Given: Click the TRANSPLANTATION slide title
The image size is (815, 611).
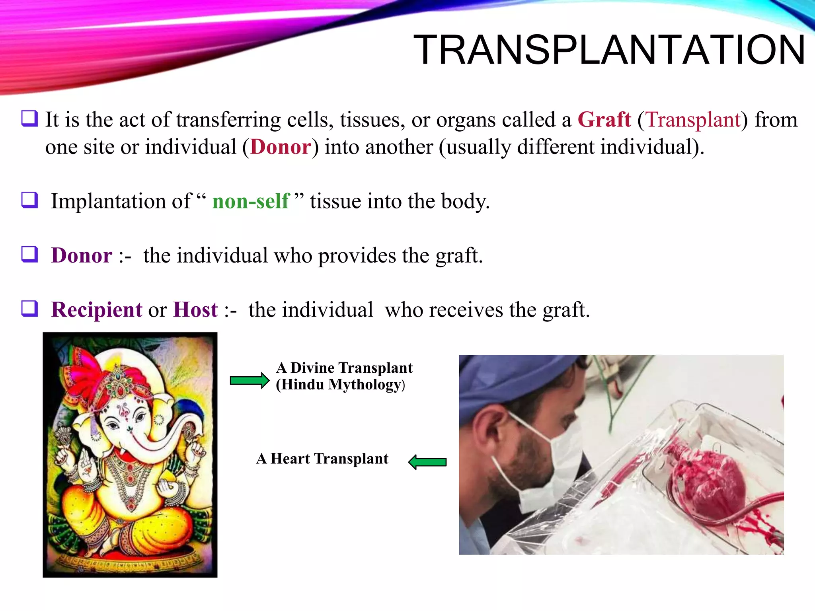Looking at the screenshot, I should point(609,50).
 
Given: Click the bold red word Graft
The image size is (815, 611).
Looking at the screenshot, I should point(604,119).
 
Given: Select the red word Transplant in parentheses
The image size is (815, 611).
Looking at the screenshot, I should point(693,119).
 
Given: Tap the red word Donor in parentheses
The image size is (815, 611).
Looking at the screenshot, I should point(281,147).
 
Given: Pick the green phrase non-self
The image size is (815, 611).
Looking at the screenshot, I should point(251,201).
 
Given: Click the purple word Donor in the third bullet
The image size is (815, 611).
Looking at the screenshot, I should point(82,255).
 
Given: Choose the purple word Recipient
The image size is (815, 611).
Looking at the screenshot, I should point(97,309).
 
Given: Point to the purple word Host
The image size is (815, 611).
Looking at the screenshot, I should point(195,309).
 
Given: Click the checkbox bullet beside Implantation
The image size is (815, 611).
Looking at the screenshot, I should point(30,200).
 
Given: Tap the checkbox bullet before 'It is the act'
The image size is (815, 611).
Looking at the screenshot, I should point(30,119).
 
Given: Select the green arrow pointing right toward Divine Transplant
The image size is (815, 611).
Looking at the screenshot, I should point(250,381).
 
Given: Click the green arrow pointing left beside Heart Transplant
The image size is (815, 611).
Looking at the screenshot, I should point(427,462).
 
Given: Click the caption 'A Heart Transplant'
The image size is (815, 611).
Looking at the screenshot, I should point(322,459).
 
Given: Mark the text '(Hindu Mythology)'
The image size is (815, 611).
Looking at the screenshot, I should point(340,385).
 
